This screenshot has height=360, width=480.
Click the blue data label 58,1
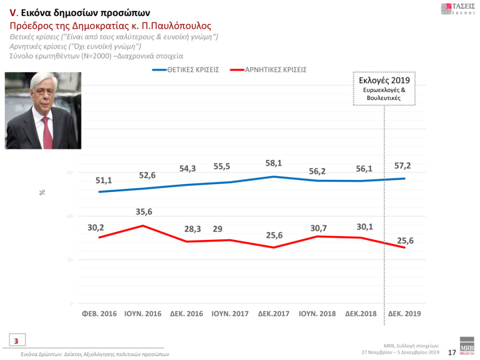tap(273, 163)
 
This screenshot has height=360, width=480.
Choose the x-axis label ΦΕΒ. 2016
tap(99, 314)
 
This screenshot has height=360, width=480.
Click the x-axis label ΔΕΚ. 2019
tap(405, 314)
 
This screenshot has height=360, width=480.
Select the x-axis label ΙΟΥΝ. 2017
tap(230, 314)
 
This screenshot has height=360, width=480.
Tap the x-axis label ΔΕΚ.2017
tap(273, 314)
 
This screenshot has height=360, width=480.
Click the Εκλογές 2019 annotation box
tap(384, 88)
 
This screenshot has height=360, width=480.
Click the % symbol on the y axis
tap(42, 193)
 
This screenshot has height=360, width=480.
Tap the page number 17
tap(451, 352)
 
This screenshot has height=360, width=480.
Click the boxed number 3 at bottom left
tap(16, 341)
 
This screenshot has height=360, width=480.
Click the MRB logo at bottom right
tap(467, 349)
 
